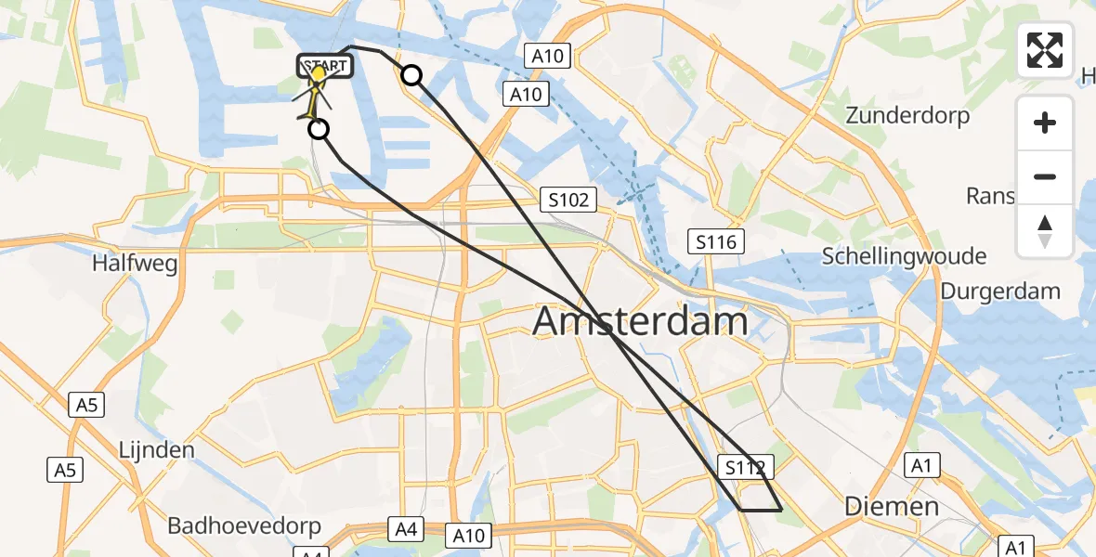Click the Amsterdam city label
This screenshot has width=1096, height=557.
641,321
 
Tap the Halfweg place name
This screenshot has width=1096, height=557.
135,264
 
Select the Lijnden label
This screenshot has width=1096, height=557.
156,450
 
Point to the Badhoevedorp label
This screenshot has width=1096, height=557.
244,525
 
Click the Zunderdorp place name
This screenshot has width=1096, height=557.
907,116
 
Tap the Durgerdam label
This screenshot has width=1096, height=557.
1000,291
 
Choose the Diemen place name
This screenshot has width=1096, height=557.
891,506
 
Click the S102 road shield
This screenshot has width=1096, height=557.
568,200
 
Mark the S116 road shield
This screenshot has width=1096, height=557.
716,242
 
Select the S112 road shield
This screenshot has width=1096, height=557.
745,468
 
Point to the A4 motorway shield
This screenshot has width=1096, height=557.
406,530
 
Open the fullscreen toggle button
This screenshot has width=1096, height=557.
1045,50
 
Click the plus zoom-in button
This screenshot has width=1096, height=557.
1045,123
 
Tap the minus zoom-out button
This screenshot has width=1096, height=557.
1045,176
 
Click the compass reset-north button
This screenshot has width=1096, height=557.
1045,230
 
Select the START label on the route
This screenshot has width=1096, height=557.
323,66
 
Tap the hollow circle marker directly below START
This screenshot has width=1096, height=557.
319,129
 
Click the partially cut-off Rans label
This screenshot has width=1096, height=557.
990,196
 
